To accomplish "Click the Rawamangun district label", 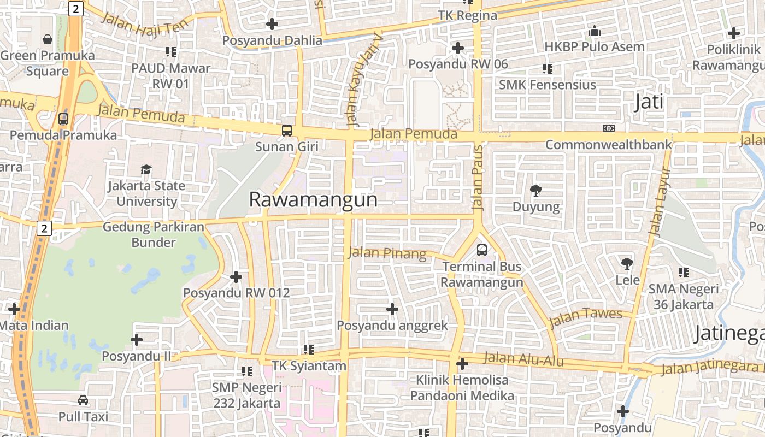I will (313, 200).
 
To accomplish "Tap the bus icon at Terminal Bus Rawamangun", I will (481, 250).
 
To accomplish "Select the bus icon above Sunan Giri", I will (286, 131).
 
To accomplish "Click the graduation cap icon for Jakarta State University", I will (146, 169).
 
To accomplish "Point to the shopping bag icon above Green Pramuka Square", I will (48, 39).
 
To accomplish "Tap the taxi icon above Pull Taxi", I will (83, 400).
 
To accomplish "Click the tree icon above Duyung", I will (536, 190).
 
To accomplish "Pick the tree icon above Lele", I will (627, 264).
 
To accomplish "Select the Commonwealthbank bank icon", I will (609, 128).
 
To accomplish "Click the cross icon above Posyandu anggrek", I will (392, 309).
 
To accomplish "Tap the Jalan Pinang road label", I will (387, 253).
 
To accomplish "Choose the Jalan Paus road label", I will (478, 178).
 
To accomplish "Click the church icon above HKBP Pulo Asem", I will (595, 31).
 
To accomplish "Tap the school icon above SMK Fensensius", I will (547, 68).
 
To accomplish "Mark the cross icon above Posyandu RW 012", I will (236, 277).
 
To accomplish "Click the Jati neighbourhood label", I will (649, 102).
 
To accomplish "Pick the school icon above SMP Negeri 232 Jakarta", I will (247, 371).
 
